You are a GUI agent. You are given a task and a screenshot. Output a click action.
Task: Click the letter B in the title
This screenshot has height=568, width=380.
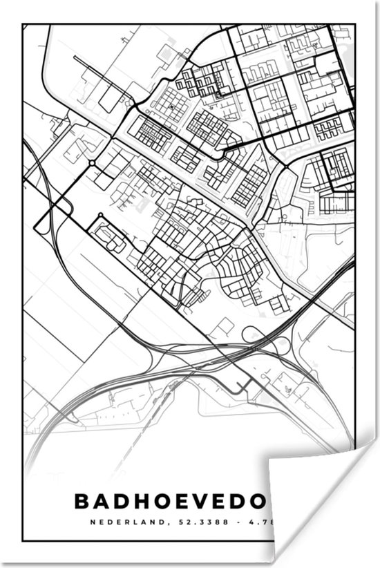coord(82,500)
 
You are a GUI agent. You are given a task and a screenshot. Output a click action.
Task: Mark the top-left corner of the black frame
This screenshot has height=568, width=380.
coord(23,25)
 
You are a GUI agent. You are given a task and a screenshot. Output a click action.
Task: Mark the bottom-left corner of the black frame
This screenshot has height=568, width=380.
coord(23,540)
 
